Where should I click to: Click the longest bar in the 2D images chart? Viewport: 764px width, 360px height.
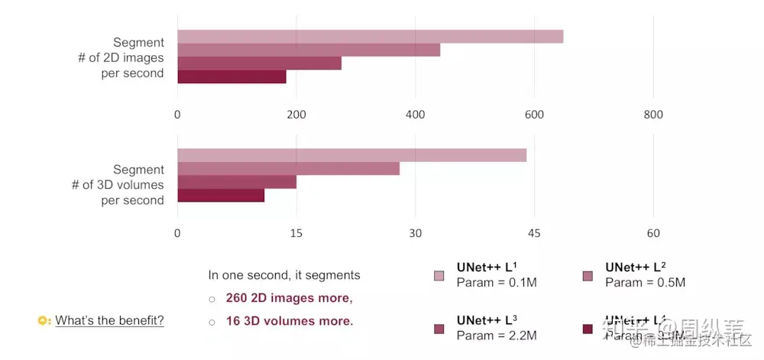click(x=371, y=37)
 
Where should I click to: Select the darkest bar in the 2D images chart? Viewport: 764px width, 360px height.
click(x=231, y=76)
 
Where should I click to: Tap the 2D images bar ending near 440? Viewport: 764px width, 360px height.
click(x=309, y=50)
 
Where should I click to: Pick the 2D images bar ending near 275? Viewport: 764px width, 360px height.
click(x=259, y=63)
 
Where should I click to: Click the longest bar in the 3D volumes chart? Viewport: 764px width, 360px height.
click(x=351, y=155)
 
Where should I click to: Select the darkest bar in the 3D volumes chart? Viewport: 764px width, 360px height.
click(x=221, y=195)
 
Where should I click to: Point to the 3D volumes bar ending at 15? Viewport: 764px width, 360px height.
click(x=237, y=182)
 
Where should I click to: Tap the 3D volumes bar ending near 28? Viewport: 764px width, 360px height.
click(x=288, y=168)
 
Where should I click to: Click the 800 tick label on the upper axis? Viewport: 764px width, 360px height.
click(x=653, y=115)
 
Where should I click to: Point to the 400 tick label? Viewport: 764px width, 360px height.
click(x=415, y=115)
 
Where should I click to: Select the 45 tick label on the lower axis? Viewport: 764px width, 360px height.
click(x=534, y=233)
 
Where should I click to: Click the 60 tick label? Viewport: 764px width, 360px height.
click(x=653, y=233)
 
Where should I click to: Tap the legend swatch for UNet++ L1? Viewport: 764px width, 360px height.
click(x=439, y=275)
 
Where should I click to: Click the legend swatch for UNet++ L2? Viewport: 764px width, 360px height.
click(x=588, y=275)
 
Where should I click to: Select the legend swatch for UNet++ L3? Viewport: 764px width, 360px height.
click(x=439, y=329)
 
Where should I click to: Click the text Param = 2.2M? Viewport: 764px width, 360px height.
click(x=497, y=335)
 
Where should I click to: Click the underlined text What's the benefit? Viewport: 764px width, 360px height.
click(x=109, y=320)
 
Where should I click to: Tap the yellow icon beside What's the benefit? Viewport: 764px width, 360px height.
click(x=44, y=320)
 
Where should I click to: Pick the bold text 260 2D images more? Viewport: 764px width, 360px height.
click(x=289, y=297)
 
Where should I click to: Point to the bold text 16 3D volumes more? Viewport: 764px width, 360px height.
click(x=290, y=320)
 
